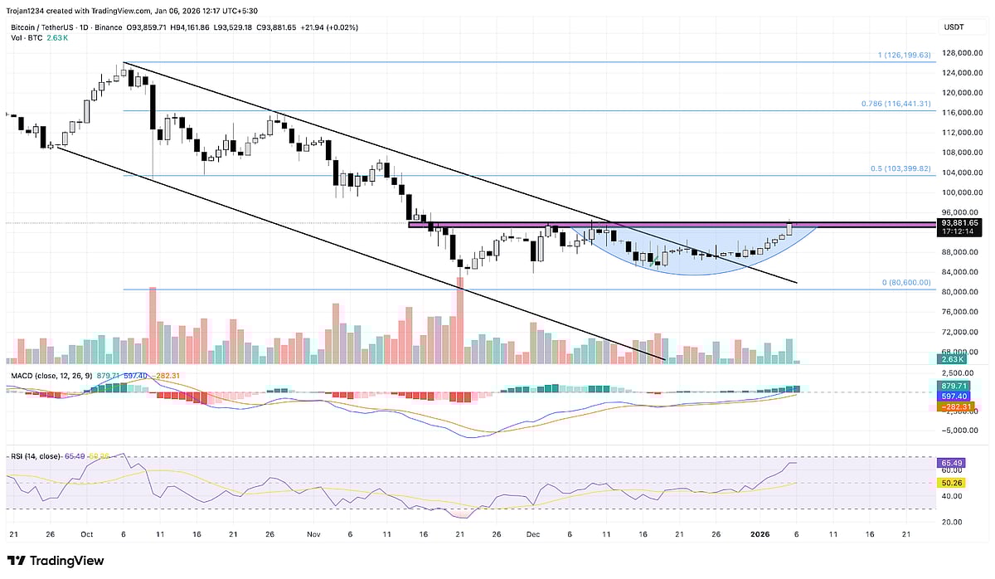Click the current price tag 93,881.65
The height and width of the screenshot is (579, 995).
[x=959, y=222]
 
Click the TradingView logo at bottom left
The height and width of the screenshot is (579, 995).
[x=56, y=561]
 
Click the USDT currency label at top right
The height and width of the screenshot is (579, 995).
[x=954, y=27]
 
